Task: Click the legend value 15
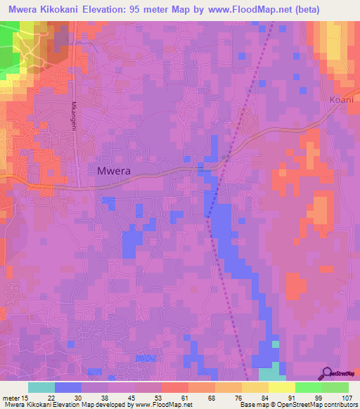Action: coord(25,396)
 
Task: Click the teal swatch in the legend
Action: coord(41,387)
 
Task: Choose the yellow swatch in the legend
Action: coord(281,387)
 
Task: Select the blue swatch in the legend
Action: coord(68,387)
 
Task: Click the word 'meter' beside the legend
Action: coord(11,396)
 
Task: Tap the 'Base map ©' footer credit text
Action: coord(259,405)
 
